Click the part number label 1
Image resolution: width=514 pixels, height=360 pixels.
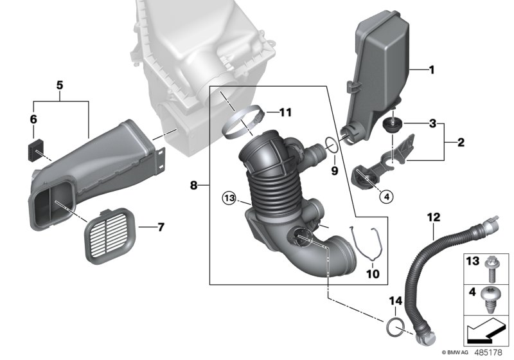(x=432, y=69)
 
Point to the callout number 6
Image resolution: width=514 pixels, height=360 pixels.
(x=33, y=119)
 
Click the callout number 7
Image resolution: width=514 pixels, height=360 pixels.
(x=161, y=227)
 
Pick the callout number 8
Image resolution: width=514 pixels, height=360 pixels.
(x=193, y=185)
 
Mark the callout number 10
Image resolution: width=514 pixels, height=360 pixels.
(x=373, y=274)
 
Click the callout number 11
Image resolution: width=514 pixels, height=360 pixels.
(x=285, y=113)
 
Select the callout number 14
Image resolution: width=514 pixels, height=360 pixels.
(x=394, y=300)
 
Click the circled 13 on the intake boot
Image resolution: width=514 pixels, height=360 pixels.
(x=229, y=196)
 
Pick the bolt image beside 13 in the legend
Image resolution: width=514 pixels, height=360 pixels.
(x=492, y=269)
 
